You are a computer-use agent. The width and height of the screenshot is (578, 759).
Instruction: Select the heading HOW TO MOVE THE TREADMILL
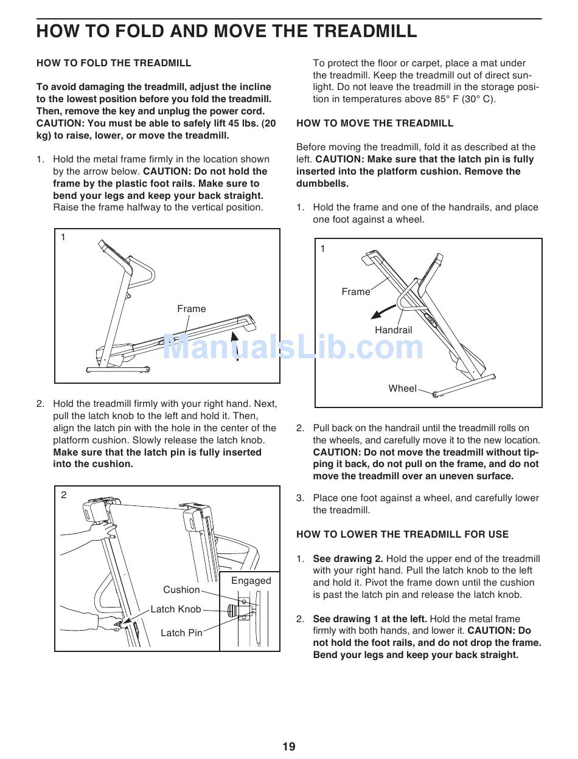click(375, 123)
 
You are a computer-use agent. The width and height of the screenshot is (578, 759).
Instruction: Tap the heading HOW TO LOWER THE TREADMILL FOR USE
click(402, 535)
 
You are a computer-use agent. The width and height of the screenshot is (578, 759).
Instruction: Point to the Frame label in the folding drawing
click(192, 309)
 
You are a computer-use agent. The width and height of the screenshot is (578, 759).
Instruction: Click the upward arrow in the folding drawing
click(237, 344)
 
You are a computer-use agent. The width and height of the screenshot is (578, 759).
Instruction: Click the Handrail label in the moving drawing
click(393, 330)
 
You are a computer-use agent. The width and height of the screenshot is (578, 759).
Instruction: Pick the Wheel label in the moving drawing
click(403, 389)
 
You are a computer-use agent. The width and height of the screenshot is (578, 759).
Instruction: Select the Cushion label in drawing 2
click(181, 590)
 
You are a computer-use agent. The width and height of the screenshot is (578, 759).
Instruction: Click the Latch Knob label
click(176, 609)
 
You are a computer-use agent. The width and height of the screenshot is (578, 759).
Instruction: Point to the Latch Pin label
click(181, 633)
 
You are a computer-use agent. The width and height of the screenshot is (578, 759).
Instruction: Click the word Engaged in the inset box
click(251, 581)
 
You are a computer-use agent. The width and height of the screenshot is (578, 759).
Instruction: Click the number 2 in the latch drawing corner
click(64, 495)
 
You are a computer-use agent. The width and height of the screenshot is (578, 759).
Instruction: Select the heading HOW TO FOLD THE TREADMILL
click(114, 63)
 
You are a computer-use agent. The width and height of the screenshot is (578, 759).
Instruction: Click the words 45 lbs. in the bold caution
click(246, 123)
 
